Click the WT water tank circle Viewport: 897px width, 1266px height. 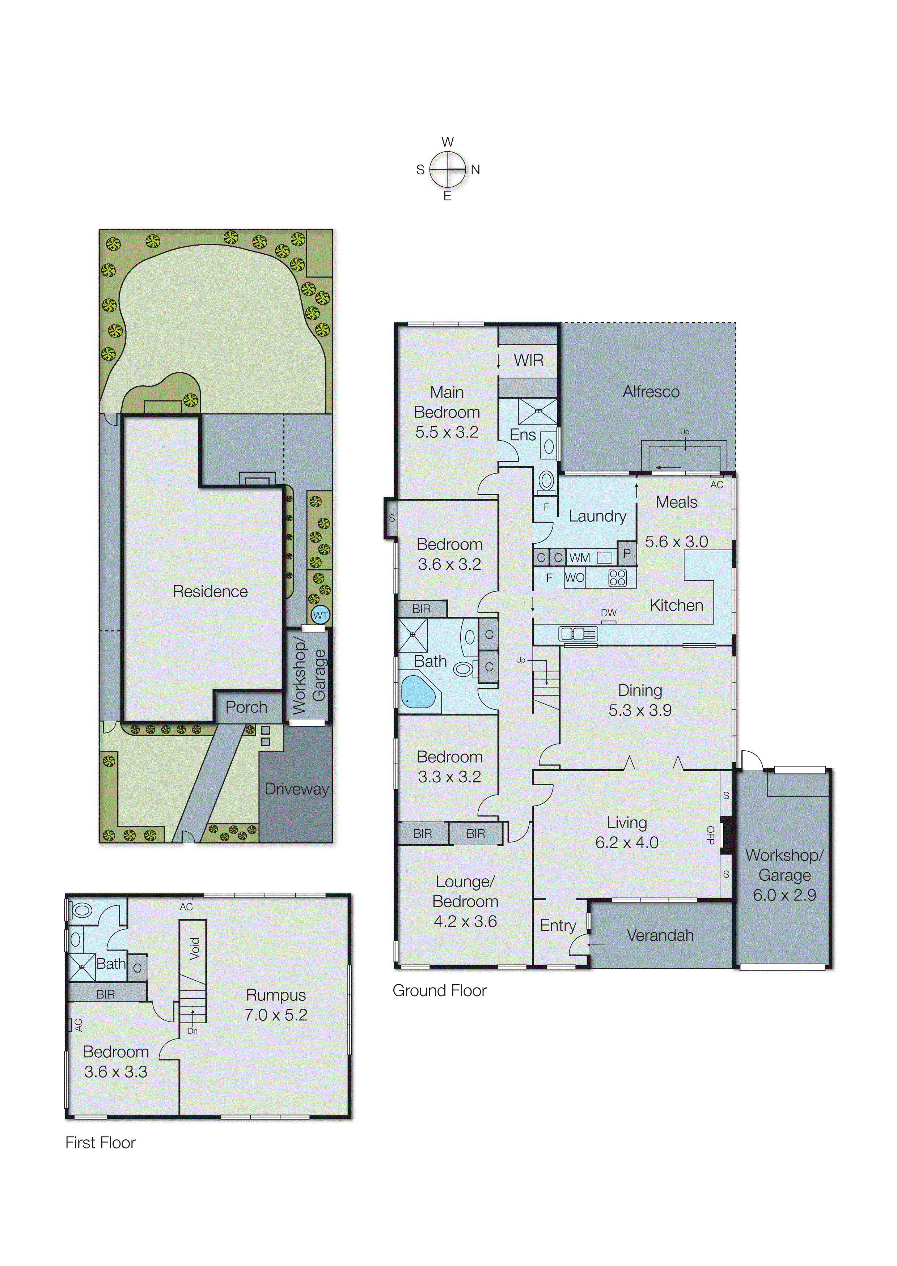click(320, 615)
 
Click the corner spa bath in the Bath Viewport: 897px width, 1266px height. click(418, 691)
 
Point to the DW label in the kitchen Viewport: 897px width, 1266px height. click(608, 613)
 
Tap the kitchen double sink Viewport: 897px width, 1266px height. click(578, 634)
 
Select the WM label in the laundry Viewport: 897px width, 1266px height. click(579, 558)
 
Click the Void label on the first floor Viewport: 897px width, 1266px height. click(194, 948)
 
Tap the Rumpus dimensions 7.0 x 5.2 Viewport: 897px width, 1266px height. click(276, 1015)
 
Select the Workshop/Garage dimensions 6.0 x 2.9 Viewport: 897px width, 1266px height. click(784, 895)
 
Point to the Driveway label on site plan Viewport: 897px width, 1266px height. click(297, 789)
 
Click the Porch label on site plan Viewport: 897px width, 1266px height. click(246, 707)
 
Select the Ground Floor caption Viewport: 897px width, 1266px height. click(439, 990)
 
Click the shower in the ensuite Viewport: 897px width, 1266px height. click(537, 411)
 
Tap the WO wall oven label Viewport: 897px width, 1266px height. click(575, 578)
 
